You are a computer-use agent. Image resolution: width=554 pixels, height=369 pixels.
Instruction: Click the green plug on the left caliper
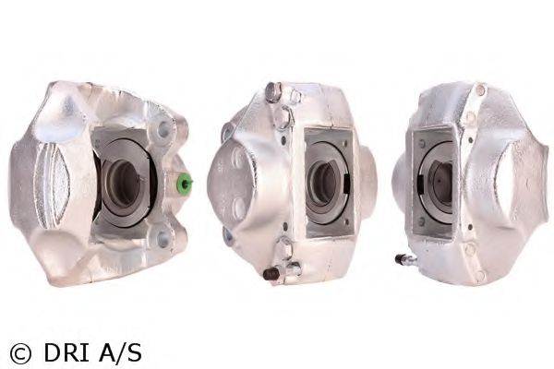(x=185, y=184)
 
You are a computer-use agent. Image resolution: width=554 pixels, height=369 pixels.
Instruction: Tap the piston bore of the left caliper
(x=123, y=182)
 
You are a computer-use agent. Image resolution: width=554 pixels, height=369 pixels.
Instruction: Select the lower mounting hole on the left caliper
(x=163, y=238)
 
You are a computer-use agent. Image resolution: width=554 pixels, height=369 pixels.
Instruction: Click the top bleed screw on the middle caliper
(x=272, y=91)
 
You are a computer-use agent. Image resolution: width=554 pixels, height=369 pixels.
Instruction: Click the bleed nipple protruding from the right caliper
(x=403, y=260)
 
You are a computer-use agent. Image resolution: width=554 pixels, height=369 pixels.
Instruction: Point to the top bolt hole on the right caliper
(x=479, y=90)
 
